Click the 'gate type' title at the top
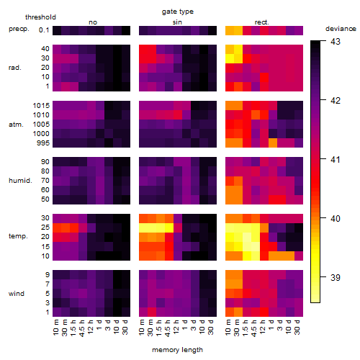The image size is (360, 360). pos(178,12)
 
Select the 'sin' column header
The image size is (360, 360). pos(177,22)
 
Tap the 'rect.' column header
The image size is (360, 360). pos(261,22)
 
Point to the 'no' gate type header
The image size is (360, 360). pos(93,22)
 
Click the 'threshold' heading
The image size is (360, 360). pos(40,17)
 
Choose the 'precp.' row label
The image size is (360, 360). pos(19,29)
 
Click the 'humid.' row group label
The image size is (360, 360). pos(20,180)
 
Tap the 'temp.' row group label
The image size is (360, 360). pos(18,236)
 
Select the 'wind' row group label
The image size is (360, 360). pos(17,293)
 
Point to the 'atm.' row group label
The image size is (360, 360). pos(16,125)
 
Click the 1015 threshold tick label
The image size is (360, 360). pos(41,105)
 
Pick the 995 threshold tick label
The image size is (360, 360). pos(43,143)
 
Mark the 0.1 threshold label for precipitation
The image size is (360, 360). pos(44,30)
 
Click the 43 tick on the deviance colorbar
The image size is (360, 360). pos(336,42)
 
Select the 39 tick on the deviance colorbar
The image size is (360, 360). pos(336,277)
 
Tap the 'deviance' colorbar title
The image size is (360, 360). pos(341,29)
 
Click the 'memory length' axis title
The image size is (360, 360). pos(177,350)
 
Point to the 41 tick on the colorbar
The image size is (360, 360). pos(336,159)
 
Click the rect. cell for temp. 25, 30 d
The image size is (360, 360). pos(299,228)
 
